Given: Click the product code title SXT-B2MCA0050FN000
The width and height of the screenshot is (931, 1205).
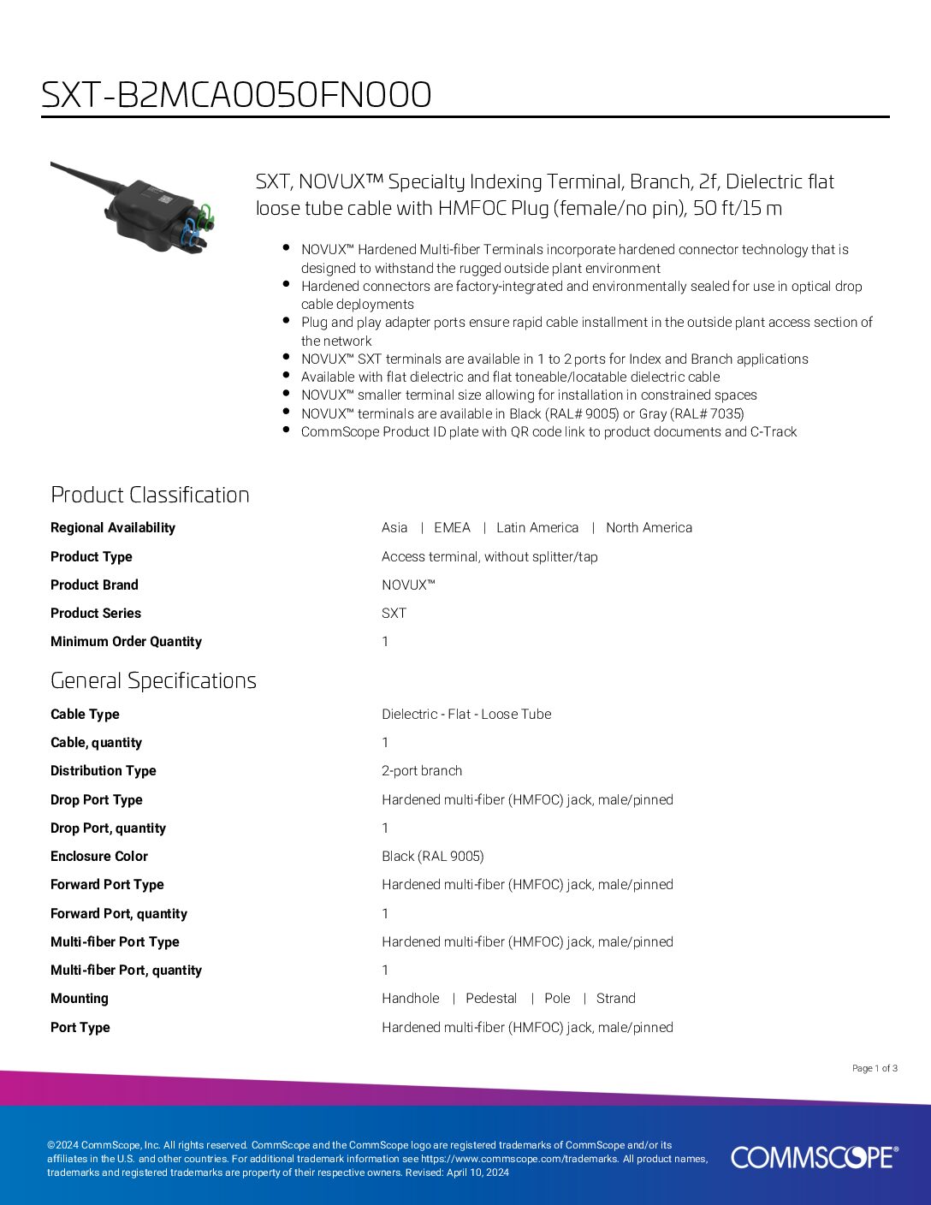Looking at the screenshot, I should (x=236, y=95).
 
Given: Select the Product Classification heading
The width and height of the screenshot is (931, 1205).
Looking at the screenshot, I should (x=150, y=495).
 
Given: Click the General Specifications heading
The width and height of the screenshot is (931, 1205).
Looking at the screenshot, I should (x=153, y=680).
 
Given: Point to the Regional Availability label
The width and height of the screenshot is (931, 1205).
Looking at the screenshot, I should (x=113, y=528).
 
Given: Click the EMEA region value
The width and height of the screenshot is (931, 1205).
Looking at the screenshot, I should (x=452, y=528).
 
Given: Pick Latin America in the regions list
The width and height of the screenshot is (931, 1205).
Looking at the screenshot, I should (x=537, y=528).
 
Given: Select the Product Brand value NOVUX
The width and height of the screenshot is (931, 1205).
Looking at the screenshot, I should (x=408, y=585).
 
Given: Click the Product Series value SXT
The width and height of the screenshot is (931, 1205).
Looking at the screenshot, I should (x=394, y=614).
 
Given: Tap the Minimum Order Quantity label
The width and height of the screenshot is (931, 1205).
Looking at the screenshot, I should (x=126, y=642).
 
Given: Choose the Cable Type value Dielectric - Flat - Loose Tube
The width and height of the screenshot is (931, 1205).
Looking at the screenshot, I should (x=466, y=715).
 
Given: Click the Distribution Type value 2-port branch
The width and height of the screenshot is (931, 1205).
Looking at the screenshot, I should (x=422, y=771).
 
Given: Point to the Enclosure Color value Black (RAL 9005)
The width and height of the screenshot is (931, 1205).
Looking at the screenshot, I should (x=432, y=857).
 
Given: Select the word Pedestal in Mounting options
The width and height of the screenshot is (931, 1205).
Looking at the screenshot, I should (x=491, y=999).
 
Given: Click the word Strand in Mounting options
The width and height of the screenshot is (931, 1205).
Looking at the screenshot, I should (x=615, y=999).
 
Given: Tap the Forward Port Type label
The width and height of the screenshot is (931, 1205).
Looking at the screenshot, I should (x=107, y=885).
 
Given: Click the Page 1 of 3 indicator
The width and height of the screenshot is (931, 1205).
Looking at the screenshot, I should (x=875, y=1068).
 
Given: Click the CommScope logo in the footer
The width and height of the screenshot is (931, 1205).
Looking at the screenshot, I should (x=814, y=1157).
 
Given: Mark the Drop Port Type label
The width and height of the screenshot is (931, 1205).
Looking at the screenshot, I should (x=97, y=800).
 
